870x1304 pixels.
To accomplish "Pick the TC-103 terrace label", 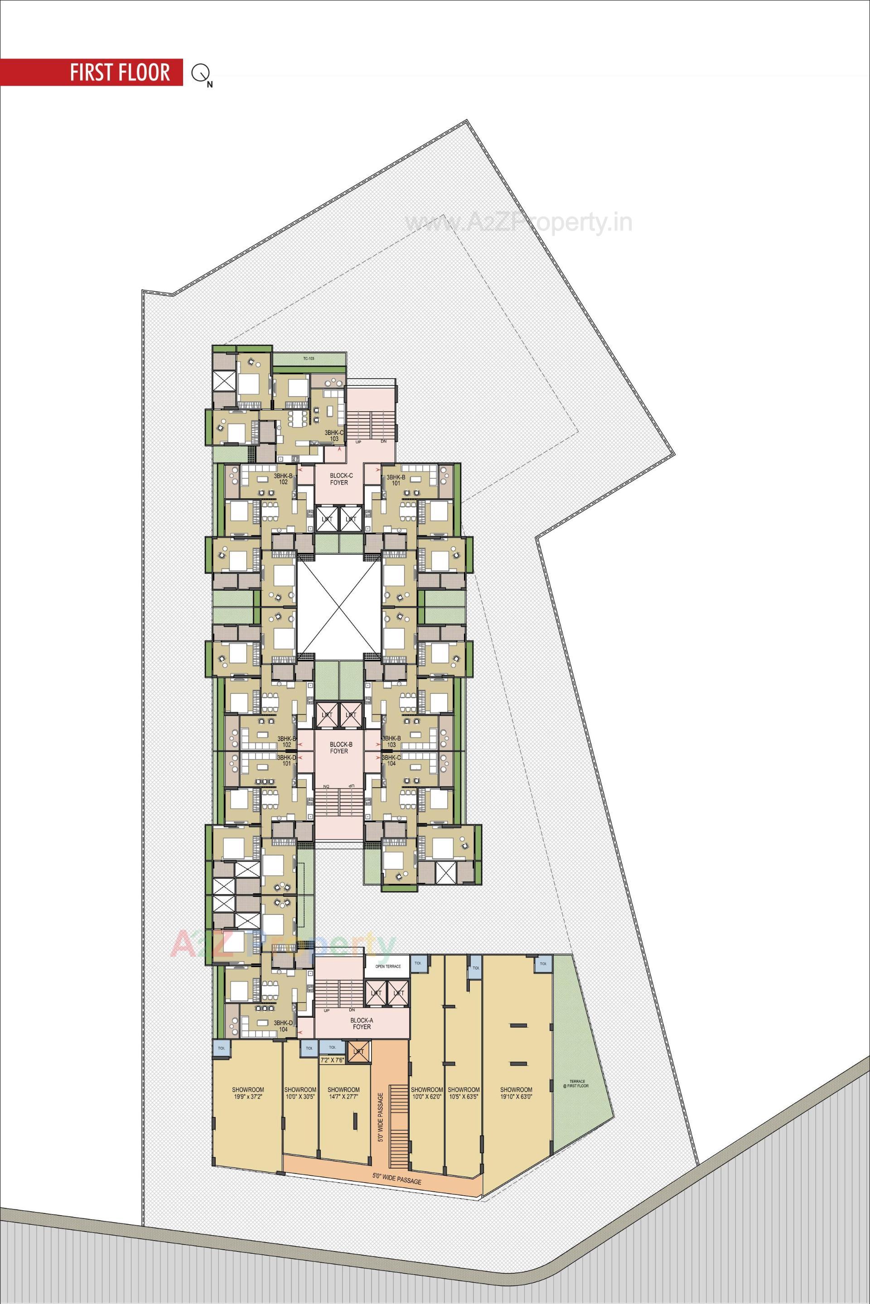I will click(309, 359).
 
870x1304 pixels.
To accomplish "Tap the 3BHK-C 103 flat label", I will click(334, 435).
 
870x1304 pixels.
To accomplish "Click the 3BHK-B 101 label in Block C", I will click(396, 480).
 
